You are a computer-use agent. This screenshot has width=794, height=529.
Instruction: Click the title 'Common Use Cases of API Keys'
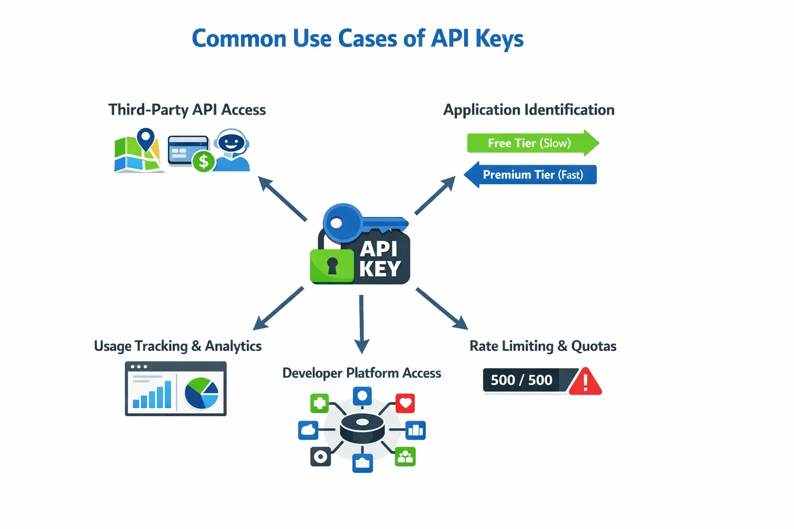(357, 39)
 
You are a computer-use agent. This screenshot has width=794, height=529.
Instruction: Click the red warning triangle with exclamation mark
(585, 383)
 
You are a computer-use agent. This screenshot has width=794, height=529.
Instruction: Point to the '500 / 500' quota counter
(522, 380)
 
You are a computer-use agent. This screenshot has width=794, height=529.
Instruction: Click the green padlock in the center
(332, 266)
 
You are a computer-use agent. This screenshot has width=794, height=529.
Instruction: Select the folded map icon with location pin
(138, 152)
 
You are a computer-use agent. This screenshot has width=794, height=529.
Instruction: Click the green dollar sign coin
(204, 162)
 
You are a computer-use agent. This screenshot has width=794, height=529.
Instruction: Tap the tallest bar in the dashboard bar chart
(167, 394)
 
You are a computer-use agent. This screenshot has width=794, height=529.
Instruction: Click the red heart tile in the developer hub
(405, 403)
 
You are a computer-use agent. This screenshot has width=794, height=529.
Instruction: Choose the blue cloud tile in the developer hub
(308, 430)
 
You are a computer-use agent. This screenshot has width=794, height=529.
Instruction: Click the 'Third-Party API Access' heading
(187, 110)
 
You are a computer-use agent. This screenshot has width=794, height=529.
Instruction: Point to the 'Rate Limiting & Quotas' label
(543, 346)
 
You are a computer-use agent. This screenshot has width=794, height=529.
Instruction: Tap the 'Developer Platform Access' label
(361, 373)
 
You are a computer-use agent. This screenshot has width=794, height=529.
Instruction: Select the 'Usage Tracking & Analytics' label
(178, 346)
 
